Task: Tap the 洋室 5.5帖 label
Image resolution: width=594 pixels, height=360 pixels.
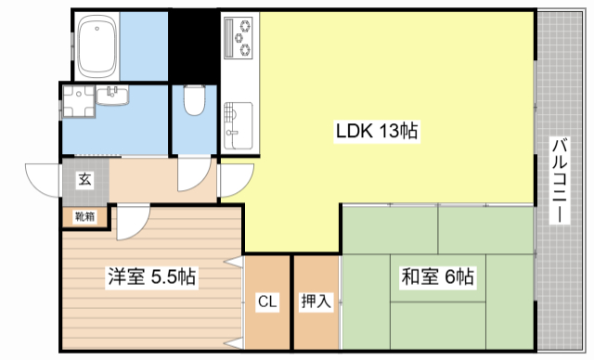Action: [x=148, y=276]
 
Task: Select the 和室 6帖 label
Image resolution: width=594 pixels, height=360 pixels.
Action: [x=437, y=276]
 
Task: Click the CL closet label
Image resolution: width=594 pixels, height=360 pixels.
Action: [x=267, y=301]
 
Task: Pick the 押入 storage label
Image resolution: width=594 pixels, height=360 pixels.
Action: [x=316, y=301]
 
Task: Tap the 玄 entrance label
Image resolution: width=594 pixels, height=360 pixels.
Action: [x=84, y=179]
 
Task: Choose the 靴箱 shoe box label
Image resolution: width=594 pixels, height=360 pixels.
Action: [x=84, y=218]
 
